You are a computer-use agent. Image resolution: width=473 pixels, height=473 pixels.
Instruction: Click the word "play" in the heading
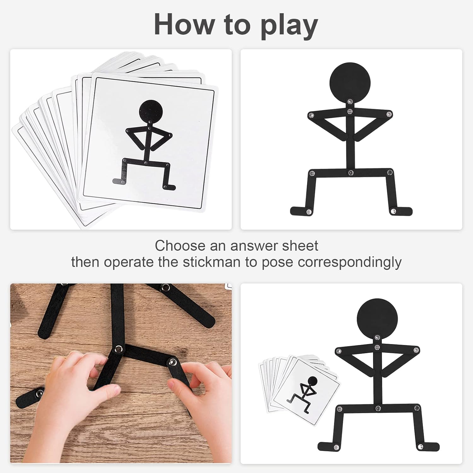click(289, 26)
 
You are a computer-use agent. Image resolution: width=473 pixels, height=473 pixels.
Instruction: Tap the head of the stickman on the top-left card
click(151, 112)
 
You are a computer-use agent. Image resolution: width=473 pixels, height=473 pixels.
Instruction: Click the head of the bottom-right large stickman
click(377, 319)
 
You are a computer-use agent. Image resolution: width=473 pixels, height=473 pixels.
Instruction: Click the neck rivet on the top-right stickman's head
click(350, 101)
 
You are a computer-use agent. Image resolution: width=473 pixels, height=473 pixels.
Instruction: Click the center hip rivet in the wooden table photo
click(119, 349)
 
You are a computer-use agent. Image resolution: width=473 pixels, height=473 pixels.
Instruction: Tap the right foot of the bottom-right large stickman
click(428, 446)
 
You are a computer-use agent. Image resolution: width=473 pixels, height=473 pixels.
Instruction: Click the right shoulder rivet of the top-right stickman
click(389, 114)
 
